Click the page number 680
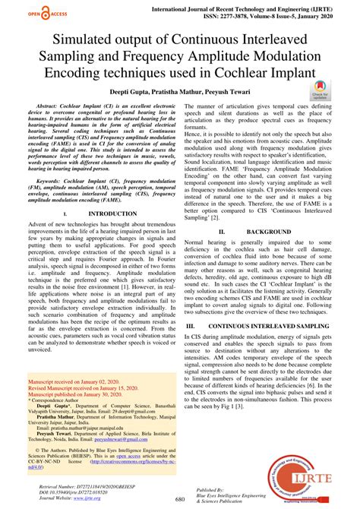180,498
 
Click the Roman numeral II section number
220,229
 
